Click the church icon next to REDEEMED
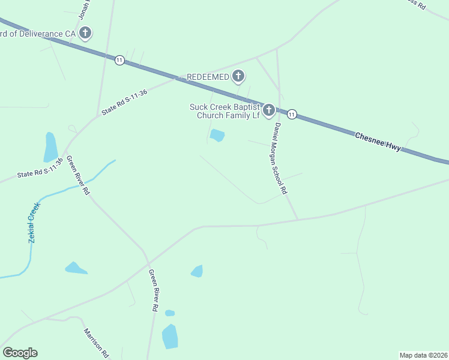click(x=239, y=76)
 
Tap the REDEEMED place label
click(x=208, y=77)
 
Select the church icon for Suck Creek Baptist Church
click(x=269, y=110)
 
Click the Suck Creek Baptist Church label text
click(x=224, y=111)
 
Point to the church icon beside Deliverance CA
click(x=85, y=33)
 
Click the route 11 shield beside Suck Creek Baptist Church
click(x=292, y=114)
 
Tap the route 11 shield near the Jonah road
click(x=120, y=60)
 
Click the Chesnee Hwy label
click(x=378, y=142)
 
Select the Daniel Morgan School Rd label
click(x=280, y=158)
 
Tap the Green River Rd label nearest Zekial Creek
click(x=78, y=175)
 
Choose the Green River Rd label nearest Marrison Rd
click(x=154, y=290)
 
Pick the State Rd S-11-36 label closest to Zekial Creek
click(x=40, y=169)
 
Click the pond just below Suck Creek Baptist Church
click(x=217, y=136)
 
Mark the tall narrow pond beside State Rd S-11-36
click(x=51, y=147)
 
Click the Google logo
click(x=20, y=353)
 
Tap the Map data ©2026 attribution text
click(x=423, y=355)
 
